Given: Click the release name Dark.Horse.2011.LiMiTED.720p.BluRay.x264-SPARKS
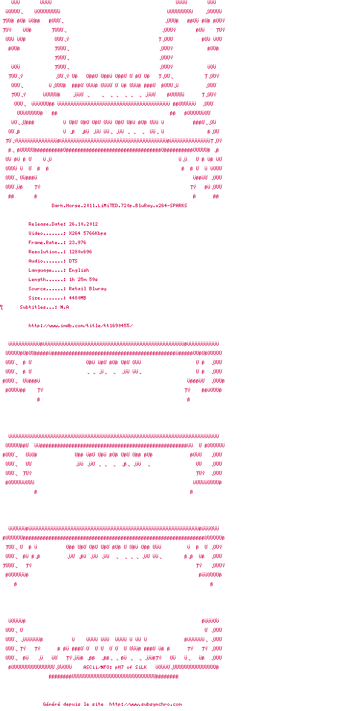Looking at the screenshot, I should point(119,205).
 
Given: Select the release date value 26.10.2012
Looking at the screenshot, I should point(83,224).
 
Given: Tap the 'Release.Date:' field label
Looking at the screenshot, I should point(47,224).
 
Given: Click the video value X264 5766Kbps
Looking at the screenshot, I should point(87,233).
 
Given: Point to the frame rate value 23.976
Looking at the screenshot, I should point(77,242).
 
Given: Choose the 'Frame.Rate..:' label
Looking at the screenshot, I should point(47,242).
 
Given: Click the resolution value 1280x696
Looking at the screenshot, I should point(80,252).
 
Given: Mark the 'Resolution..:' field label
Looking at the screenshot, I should point(47,252).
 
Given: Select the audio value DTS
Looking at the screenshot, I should point(73,261).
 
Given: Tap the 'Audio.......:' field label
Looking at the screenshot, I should point(47,261).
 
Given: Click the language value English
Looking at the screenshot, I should point(79,270).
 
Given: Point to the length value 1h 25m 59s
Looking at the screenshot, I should point(83,279).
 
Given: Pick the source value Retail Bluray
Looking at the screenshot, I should point(87,289).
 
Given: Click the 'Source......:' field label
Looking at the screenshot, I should point(47,289).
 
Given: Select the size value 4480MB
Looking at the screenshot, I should point(77,298).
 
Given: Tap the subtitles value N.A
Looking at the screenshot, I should point(65,307).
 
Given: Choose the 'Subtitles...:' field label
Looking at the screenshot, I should point(39,307).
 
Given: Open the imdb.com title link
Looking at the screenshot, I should point(80,325).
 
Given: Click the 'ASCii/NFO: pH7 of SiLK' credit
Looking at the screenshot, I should point(115,667).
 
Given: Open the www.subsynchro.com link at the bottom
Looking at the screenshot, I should point(145,704).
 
